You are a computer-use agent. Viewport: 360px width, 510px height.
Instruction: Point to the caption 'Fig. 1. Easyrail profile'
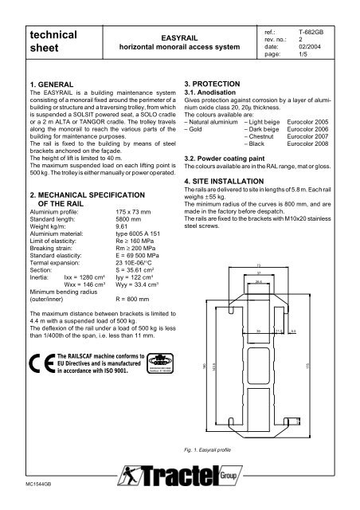[209, 449]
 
